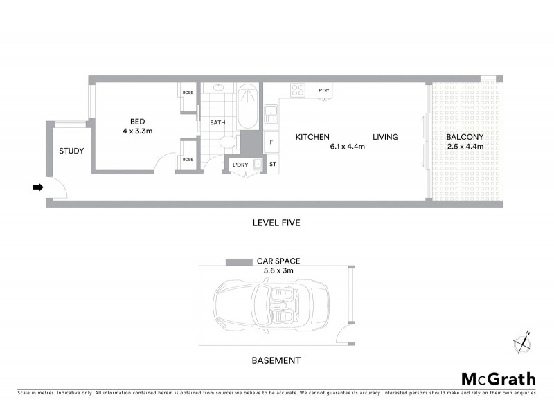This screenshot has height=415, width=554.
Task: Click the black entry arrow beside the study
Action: click(38, 187)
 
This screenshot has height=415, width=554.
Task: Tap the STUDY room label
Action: click(71, 151)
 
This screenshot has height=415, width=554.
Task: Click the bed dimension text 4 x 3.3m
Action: click(137, 131)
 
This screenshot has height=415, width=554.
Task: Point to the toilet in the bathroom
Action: click(226, 141)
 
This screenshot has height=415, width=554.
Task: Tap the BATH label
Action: click(218, 123)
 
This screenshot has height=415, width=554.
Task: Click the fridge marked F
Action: click(271, 142)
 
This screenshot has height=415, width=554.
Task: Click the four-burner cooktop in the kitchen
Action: click(298, 90)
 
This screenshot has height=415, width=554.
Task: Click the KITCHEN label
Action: click(312, 137)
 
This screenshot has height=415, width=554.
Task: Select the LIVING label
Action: click(386, 137)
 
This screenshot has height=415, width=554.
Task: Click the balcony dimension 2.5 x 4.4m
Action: click(465, 147)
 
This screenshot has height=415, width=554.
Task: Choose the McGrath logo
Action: click(499, 378)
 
